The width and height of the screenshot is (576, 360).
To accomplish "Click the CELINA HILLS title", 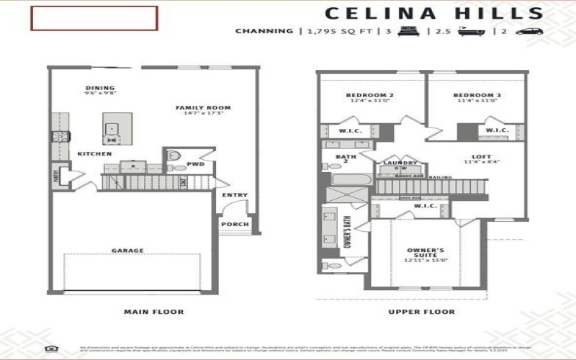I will coord(433,13).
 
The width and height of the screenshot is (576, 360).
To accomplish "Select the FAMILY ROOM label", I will coord(204,108).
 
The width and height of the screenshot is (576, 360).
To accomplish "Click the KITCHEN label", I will coord(94,154).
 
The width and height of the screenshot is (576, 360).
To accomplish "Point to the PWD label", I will coord(196,163).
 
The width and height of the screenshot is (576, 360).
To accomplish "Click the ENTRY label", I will coord(235,195).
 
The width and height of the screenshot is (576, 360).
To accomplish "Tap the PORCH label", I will coord(235,224).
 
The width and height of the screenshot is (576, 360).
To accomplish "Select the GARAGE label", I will coord(127,251).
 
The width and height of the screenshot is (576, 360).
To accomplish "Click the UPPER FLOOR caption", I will coord(421,312).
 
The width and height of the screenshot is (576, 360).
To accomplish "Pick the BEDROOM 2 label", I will coord(370,95).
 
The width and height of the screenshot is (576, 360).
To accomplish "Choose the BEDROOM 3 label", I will coord(477,95).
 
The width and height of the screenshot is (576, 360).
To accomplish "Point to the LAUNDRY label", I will coord(400,163).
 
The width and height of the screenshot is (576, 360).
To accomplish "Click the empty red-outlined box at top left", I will coord(94,18).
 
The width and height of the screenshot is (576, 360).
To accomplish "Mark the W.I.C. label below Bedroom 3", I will coord(497,130).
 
